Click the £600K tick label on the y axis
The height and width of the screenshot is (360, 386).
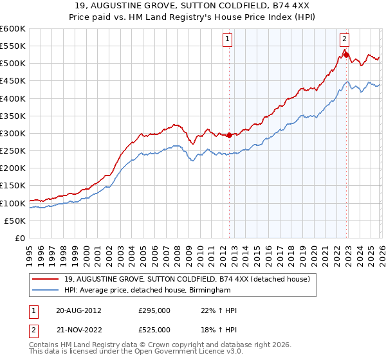(13, 29)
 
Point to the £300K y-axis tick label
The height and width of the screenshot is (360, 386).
(13, 134)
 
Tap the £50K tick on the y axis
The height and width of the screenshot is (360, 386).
(15, 221)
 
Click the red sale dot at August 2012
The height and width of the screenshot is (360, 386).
(229, 135)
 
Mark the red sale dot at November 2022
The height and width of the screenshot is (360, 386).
(346, 55)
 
